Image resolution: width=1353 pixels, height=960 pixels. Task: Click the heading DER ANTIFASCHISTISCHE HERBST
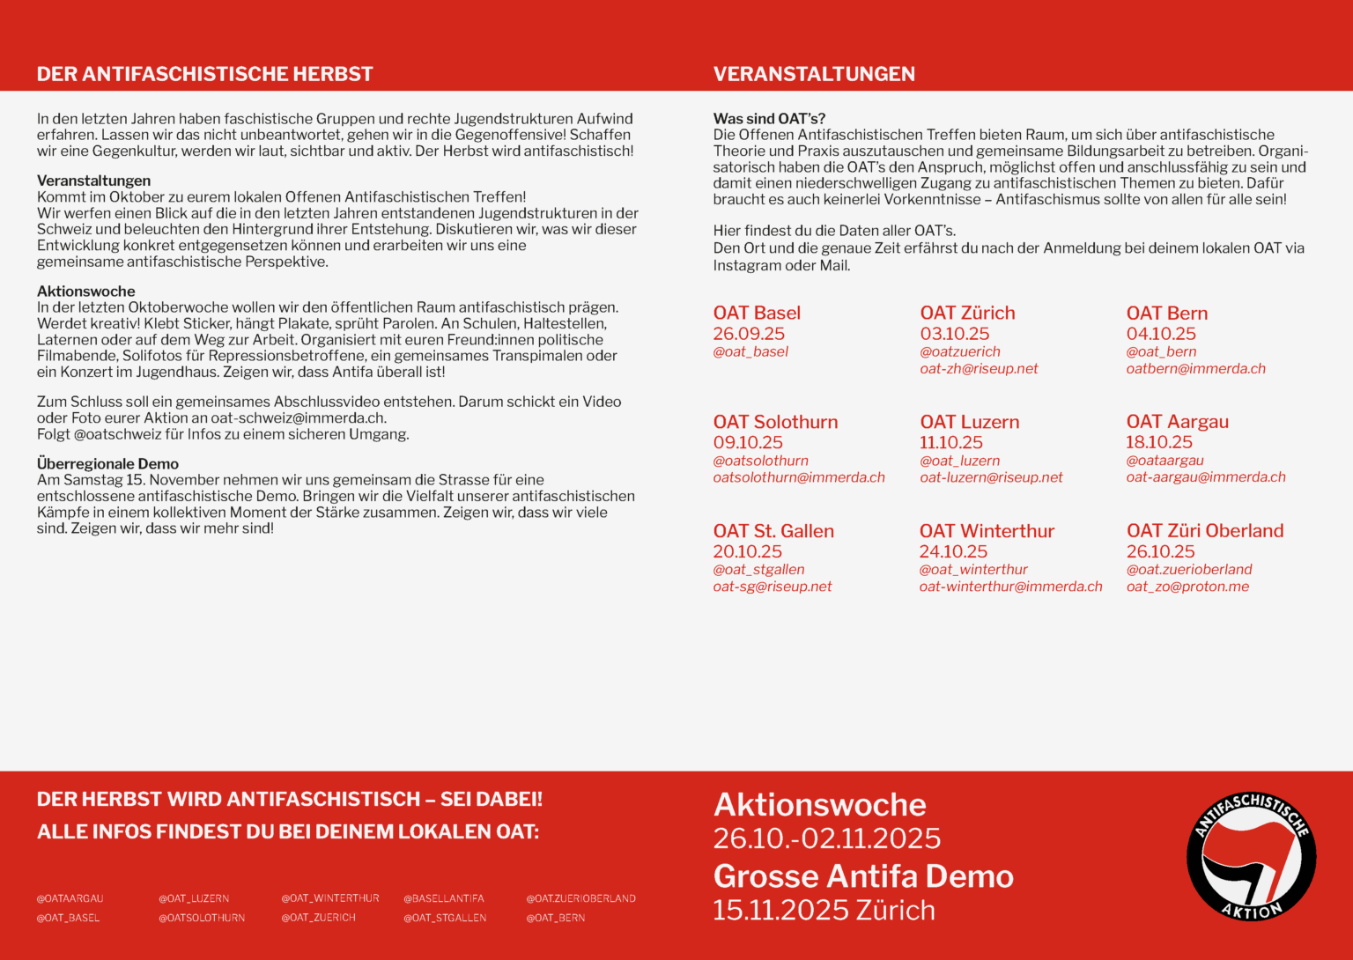pos(204,74)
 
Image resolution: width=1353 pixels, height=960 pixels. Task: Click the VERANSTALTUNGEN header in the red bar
pos(814,74)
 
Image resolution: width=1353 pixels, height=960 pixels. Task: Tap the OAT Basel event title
pos(757,313)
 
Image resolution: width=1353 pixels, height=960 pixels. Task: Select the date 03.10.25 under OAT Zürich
pos(954,334)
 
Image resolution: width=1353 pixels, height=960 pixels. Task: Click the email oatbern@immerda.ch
pos(1195,368)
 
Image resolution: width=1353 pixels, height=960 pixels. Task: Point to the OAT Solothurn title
pos(775,422)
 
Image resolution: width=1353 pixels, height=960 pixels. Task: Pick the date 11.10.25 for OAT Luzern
pos(950,442)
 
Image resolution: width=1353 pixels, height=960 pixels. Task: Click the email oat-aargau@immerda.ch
pos(1205,476)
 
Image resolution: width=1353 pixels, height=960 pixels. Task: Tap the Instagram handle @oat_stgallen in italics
pos(758,569)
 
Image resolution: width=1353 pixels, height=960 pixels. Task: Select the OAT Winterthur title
pos(987,531)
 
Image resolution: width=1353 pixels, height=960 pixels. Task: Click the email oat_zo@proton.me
pos(1187,587)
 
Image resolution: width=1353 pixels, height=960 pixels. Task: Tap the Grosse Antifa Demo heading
pos(863,876)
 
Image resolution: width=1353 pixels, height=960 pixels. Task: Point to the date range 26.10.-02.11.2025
pos(826,838)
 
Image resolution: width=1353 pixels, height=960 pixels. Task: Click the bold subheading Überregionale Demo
pos(107,463)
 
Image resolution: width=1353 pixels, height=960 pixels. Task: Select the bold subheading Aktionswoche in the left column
pos(85,291)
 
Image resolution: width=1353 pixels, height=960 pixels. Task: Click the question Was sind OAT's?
pos(769,118)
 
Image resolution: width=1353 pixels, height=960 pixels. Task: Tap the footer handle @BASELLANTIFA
pos(443,898)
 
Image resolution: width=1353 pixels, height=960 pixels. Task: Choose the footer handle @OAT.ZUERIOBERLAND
pos(580,898)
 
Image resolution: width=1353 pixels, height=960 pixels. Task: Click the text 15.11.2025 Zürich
pos(824,910)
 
